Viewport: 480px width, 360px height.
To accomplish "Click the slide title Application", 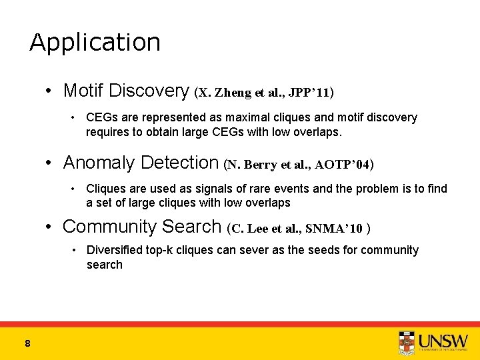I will coord(95,43).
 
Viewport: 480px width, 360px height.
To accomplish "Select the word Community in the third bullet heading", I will coord(107,227).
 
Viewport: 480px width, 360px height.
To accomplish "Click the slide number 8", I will coord(27,343).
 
